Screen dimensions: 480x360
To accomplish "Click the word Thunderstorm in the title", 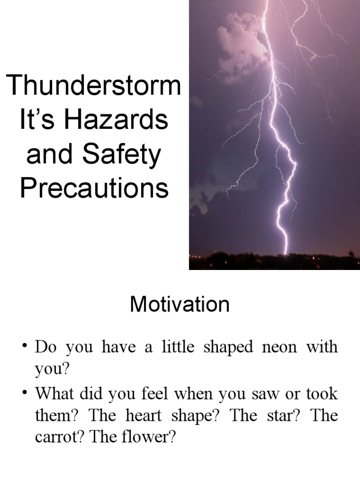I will click(94, 86).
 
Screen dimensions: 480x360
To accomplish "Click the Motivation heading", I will click(180, 305).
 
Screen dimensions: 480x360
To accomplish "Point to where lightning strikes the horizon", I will click(285, 254).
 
